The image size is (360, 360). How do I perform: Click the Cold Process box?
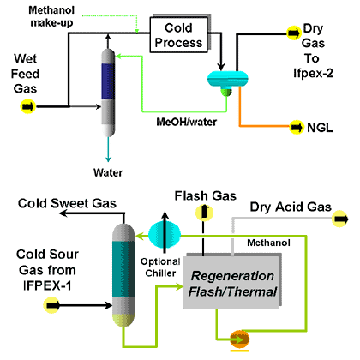[179, 35]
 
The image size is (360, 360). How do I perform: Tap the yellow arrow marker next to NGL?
[296, 127]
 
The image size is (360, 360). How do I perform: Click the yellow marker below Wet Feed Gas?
[27, 106]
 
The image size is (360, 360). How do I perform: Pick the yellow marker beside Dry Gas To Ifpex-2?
[293, 33]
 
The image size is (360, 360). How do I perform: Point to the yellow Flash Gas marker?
[204, 213]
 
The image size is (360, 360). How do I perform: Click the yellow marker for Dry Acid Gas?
[340, 219]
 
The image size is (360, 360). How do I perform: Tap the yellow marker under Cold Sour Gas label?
[51, 305]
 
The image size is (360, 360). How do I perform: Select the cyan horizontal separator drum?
[227, 78]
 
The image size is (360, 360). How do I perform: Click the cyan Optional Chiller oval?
[165, 234]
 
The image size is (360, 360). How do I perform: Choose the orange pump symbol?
[239, 339]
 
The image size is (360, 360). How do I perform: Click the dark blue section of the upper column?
[108, 81]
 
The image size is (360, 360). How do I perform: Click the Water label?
[108, 172]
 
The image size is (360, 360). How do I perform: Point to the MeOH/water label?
[186, 122]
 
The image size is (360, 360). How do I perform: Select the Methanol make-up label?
[51, 16]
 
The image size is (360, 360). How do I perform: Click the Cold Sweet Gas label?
[67, 203]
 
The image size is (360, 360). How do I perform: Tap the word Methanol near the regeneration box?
[268, 243]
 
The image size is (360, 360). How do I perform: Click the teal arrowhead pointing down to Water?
[108, 159]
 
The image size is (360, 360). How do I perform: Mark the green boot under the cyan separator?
[227, 92]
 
